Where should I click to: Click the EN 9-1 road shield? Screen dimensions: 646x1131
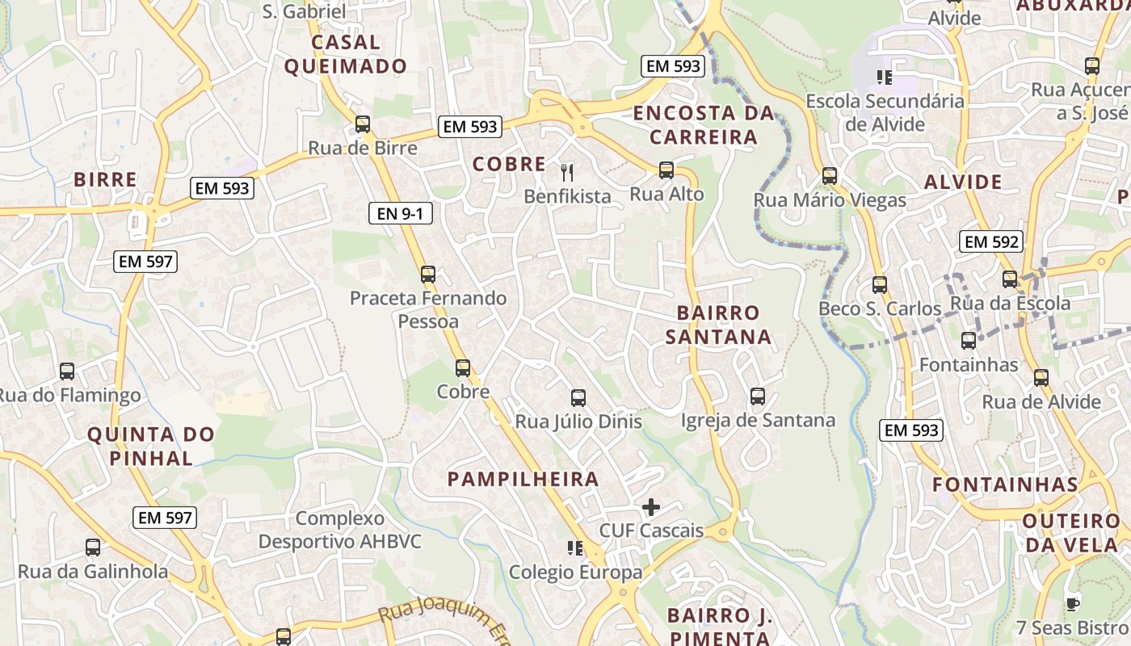(x=401, y=214)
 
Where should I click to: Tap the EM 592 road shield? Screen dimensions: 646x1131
(x=992, y=241)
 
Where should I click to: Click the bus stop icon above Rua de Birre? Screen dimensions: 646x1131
(x=363, y=124)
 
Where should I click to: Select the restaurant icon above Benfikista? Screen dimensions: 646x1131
(x=567, y=171)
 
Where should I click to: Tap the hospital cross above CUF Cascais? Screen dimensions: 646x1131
(x=651, y=507)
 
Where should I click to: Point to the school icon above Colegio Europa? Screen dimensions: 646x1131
(x=575, y=549)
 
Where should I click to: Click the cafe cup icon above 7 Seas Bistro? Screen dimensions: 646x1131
(x=1073, y=603)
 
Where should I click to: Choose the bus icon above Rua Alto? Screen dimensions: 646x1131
(x=666, y=170)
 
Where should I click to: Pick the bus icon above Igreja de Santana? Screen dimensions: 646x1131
(x=758, y=396)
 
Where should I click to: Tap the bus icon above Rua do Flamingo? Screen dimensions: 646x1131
(x=67, y=371)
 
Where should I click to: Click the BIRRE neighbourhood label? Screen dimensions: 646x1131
(x=105, y=180)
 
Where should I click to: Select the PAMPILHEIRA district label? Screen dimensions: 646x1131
(x=523, y=479)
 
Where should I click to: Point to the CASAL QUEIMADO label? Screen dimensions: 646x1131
(x=346, y=54)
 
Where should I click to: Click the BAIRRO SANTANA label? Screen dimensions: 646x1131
(x=718, y=325)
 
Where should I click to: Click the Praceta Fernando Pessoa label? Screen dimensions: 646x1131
(x=428, y=310)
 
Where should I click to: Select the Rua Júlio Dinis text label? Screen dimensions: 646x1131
(x=578, y=422)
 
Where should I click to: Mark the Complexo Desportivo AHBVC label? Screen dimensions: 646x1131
(x=339, y=530)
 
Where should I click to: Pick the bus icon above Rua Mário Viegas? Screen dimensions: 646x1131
(x=830, y=176)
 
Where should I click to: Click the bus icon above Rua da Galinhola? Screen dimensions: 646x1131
(x=93, y=547)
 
